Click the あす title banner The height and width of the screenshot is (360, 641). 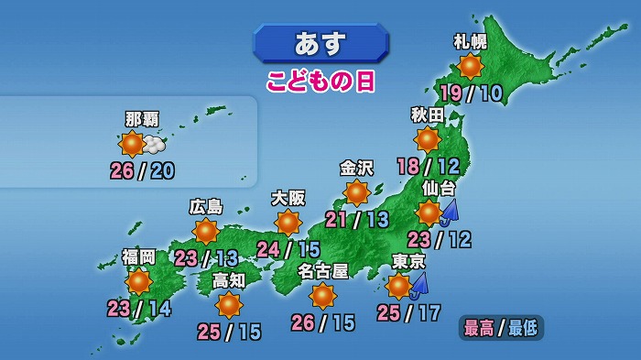point(320,43)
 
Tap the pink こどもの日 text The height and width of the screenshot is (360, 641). point(321,81)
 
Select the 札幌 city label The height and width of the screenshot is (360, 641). point(471,41)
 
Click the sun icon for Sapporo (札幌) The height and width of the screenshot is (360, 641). point(471,66)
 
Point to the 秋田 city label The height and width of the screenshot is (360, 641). point(428,115)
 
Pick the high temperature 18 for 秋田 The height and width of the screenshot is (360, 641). point(409,166)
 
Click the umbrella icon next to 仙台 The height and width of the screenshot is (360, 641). point(450,213)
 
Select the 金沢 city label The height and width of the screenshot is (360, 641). point(357,168)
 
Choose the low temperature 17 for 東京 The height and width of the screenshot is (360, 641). point(429,314)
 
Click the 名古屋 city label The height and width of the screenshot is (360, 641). point(323,270)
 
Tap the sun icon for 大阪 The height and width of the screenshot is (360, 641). point(288,223)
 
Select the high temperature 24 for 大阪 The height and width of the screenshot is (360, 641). point(268,249)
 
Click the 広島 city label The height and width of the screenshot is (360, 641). point(206,206)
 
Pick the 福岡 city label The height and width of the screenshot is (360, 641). point(139,256)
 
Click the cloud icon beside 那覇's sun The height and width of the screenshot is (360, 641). point(155,145)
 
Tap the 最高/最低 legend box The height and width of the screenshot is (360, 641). point(502,327)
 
